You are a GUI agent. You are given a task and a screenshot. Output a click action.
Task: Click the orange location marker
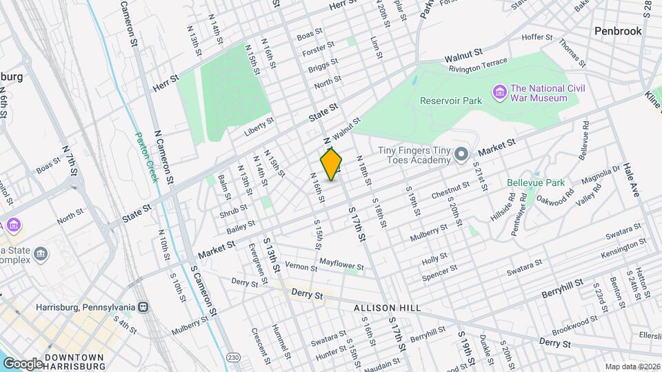332,164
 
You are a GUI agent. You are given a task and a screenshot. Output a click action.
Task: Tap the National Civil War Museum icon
499,91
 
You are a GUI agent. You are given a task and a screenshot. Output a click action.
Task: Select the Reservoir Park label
451,101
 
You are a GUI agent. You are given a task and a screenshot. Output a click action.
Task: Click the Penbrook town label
618,31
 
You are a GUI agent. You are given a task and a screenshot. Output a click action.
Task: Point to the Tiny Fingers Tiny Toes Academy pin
462,153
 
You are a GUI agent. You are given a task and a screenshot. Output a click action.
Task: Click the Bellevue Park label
536,183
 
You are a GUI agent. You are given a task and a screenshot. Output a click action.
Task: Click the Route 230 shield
234,356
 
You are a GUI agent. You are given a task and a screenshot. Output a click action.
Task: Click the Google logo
22,363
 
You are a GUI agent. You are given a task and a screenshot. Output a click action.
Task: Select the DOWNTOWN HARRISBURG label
74,361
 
